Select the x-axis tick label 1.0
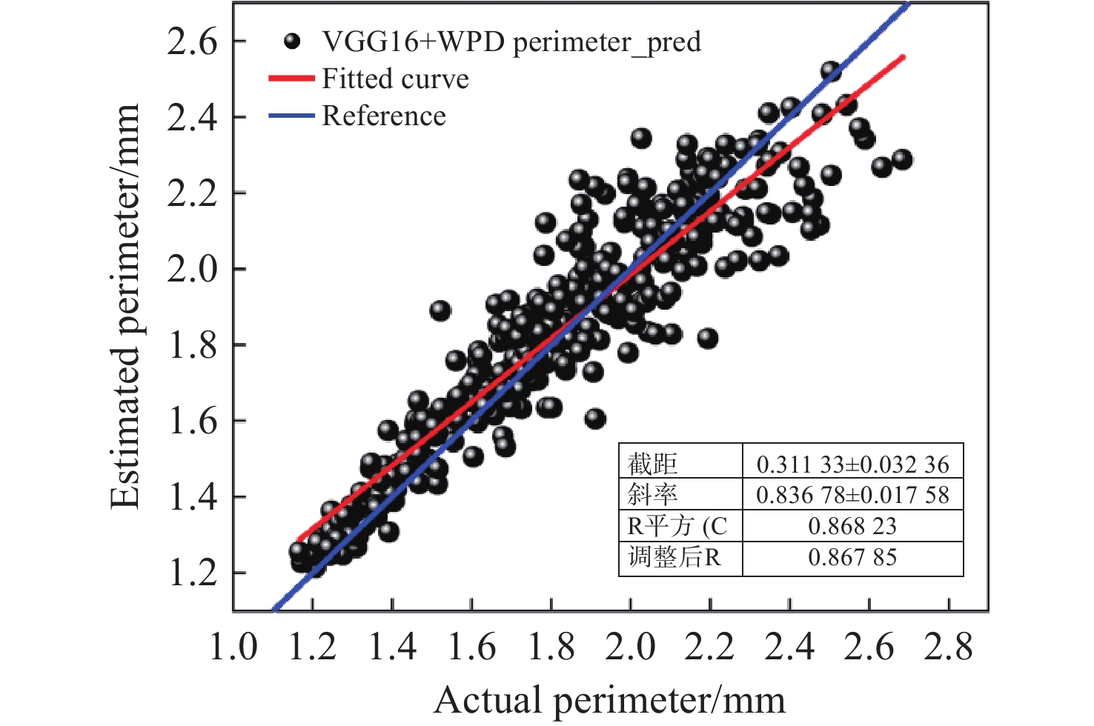233,646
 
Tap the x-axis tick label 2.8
948,646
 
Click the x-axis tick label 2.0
630,646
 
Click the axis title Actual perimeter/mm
609,700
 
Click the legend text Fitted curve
395,79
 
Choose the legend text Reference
384,116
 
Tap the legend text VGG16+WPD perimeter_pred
511,41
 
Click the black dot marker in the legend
293,41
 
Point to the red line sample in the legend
291,79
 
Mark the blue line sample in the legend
291,116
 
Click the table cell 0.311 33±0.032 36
852,464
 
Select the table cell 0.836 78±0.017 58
852,495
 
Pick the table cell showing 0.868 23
852,526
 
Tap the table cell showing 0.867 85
852,557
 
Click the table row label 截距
652,464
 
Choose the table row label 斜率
652,495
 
